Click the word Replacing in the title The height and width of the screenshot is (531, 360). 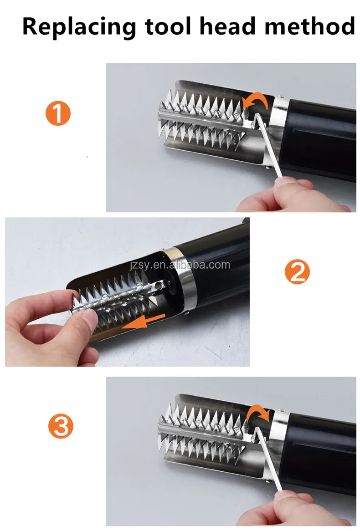tap(79, 27)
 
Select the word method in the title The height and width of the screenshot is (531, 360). tap(310, 26)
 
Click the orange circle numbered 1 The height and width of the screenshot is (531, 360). tap(58, 113)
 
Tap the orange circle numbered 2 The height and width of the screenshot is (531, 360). tap(297, 271)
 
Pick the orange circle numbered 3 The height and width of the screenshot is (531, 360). tap(61, 426)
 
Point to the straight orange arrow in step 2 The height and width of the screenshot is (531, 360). tap(144, 322)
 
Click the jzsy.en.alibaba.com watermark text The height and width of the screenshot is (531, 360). tap(180, 265)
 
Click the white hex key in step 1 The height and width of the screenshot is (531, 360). tap(268, 145)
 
